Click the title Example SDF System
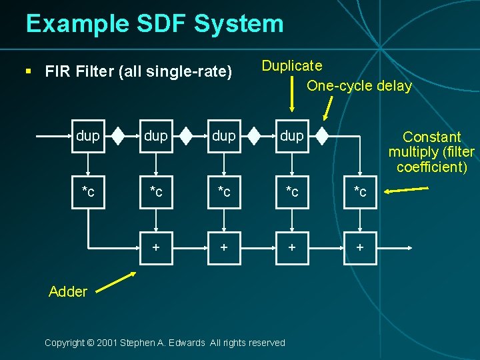(x=155, y=24)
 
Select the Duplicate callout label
(x=292, y=65)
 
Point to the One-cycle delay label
(x=359, y=86)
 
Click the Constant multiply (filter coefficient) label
(x=431, y=152)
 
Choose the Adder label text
(x=68, y=291)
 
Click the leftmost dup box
(x=88, y=137)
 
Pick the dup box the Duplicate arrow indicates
(x=292, y=137)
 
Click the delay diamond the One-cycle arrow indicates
(x=322, y=137)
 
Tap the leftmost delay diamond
(x=117, y=137)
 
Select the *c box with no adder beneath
(x=88, y=192)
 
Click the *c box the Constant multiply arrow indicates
(x=360, y=192)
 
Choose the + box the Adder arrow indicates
(x=155, y=247)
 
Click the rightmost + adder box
(x=360, y=247)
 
